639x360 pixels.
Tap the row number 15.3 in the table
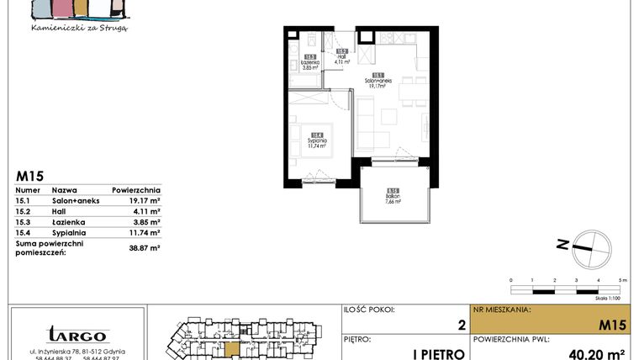point(24,222)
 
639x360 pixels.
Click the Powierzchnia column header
point(135,191)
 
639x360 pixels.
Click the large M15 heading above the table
point(30,176)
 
